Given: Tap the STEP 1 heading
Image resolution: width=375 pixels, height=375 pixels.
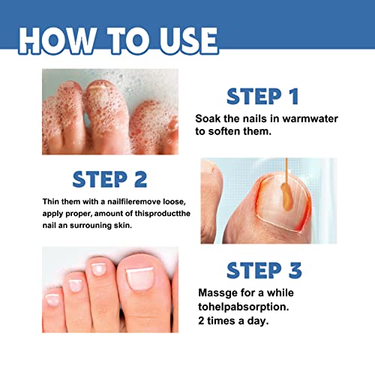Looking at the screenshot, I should point(262,97).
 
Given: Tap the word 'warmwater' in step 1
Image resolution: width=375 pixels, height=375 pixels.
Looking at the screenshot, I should point(296,118).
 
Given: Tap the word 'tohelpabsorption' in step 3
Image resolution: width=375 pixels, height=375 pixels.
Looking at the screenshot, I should point(244,305).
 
